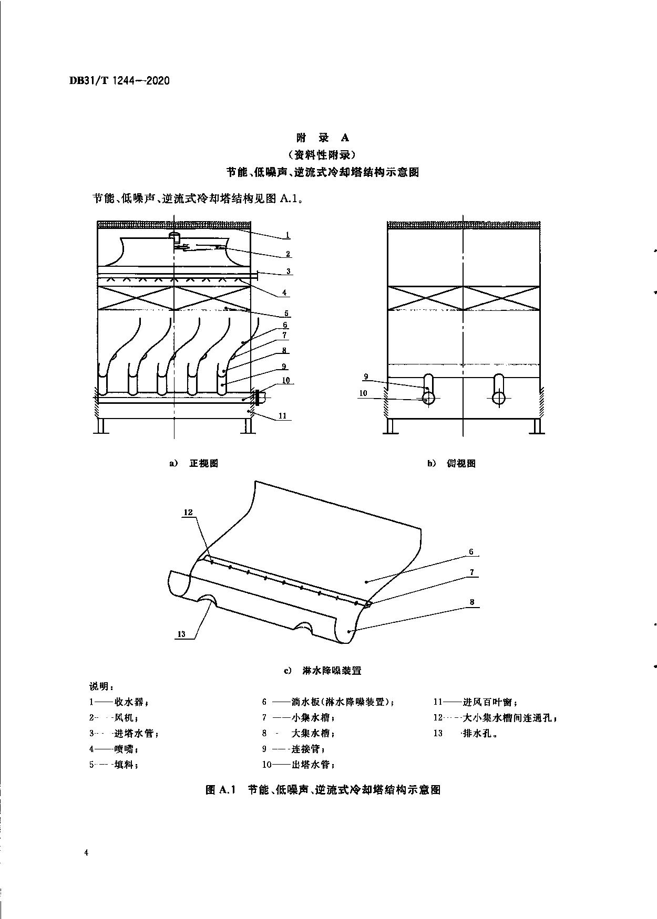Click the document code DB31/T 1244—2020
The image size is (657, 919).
119,81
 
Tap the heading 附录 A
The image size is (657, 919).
322,138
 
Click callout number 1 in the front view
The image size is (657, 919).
288,235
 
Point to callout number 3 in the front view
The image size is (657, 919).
289,271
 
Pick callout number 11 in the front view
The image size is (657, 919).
282,416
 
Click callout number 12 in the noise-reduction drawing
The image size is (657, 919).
189,512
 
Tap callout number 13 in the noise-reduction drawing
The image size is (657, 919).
181,634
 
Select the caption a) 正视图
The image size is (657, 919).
193,463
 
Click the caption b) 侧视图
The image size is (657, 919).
451,463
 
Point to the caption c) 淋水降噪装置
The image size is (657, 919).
323,671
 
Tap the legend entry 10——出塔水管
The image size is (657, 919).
299,765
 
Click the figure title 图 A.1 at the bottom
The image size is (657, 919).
322,789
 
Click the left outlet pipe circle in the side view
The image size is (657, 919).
428,398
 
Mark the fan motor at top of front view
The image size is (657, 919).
176,238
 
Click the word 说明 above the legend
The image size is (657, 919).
98,686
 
